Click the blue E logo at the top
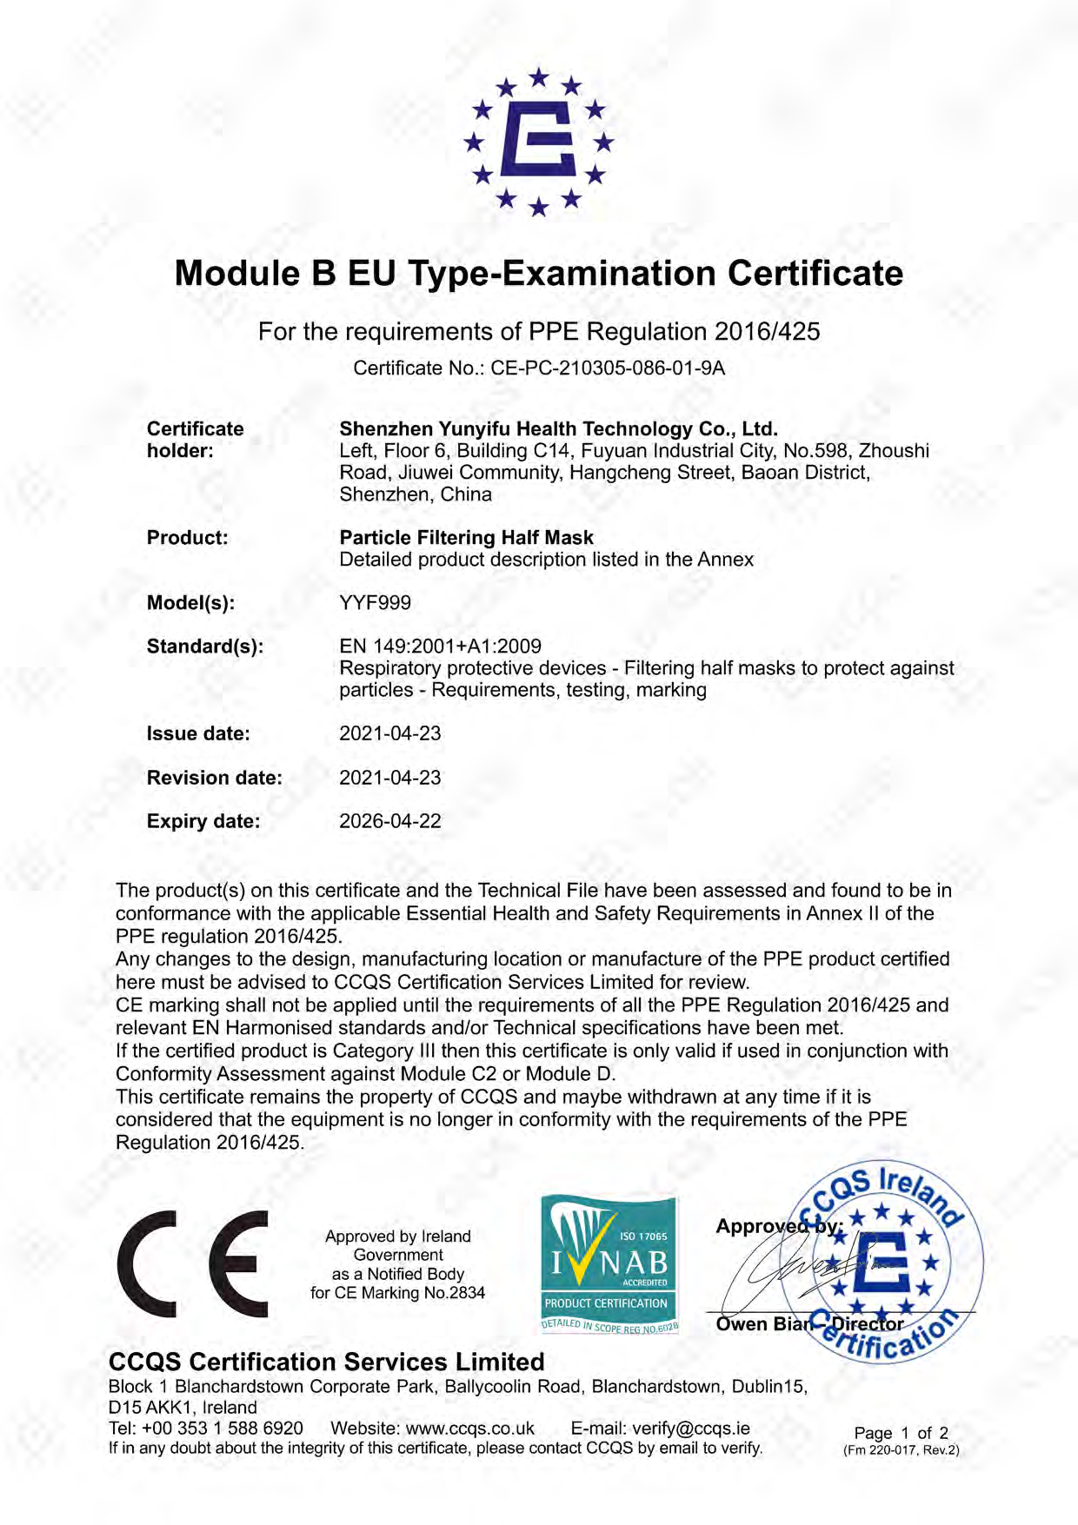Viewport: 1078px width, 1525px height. [x=539, y=141]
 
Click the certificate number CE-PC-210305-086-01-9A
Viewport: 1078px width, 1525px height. [x=608, y=368]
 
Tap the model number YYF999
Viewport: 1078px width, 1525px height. [x=375, y=603]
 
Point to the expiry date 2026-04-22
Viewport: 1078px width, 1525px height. [x=389, y=821]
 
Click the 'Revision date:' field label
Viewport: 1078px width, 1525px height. [x=214, y=778]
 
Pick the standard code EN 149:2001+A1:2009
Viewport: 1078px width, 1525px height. [x=440, y=646]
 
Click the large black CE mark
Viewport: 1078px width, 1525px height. [x=192, y=1264]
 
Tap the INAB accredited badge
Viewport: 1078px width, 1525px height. [x=609, y=1264]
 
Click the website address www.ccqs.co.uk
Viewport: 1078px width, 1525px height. [x=469, y=1429]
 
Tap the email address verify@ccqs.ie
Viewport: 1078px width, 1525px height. [x=690, y=1429]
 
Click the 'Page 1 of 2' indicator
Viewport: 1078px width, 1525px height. [x=901, y=1433]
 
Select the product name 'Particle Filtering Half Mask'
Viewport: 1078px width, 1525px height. [x=466, y=538]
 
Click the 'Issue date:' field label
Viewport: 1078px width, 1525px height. [x=198, y=734]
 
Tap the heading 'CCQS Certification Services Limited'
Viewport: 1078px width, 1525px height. [x=326, y=1362]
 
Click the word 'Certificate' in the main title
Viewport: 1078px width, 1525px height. [x=815, y=274]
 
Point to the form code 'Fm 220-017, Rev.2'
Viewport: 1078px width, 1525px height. [x=901, y=1450]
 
